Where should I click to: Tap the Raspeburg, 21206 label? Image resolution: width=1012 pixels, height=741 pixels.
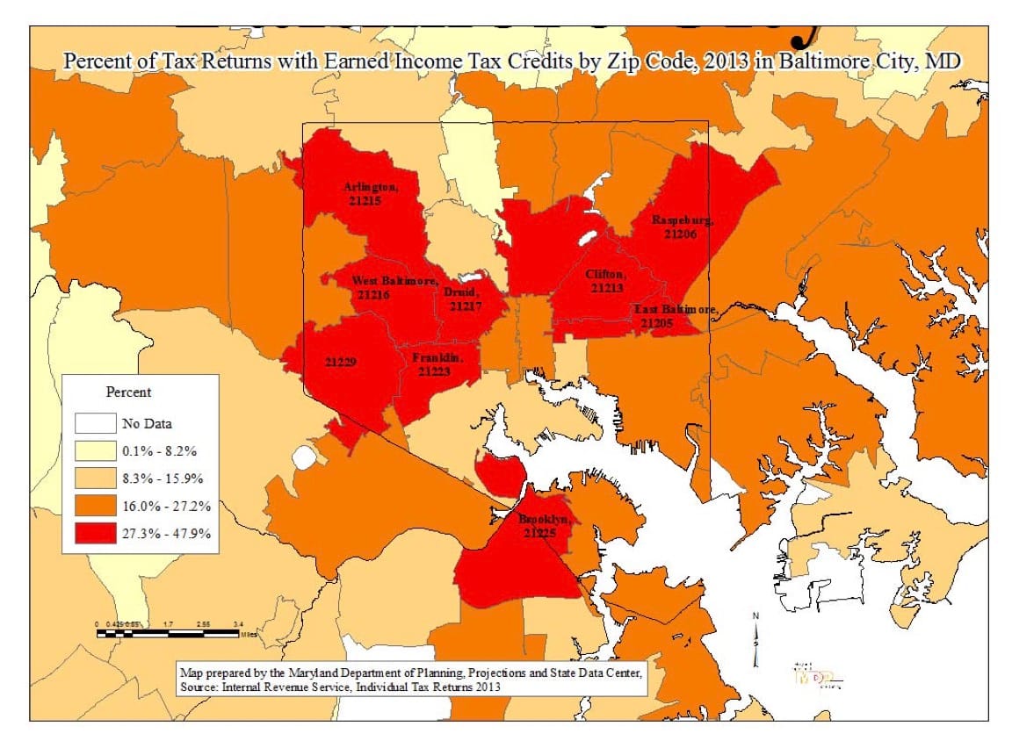[682, 227]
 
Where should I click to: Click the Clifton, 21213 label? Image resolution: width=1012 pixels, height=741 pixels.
[605, 281]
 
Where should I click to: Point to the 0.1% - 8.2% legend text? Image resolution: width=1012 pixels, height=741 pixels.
[159, 451]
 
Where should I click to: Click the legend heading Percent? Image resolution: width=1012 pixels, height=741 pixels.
[128, 392]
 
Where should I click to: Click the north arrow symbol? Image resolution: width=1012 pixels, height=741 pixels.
[755, 641]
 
